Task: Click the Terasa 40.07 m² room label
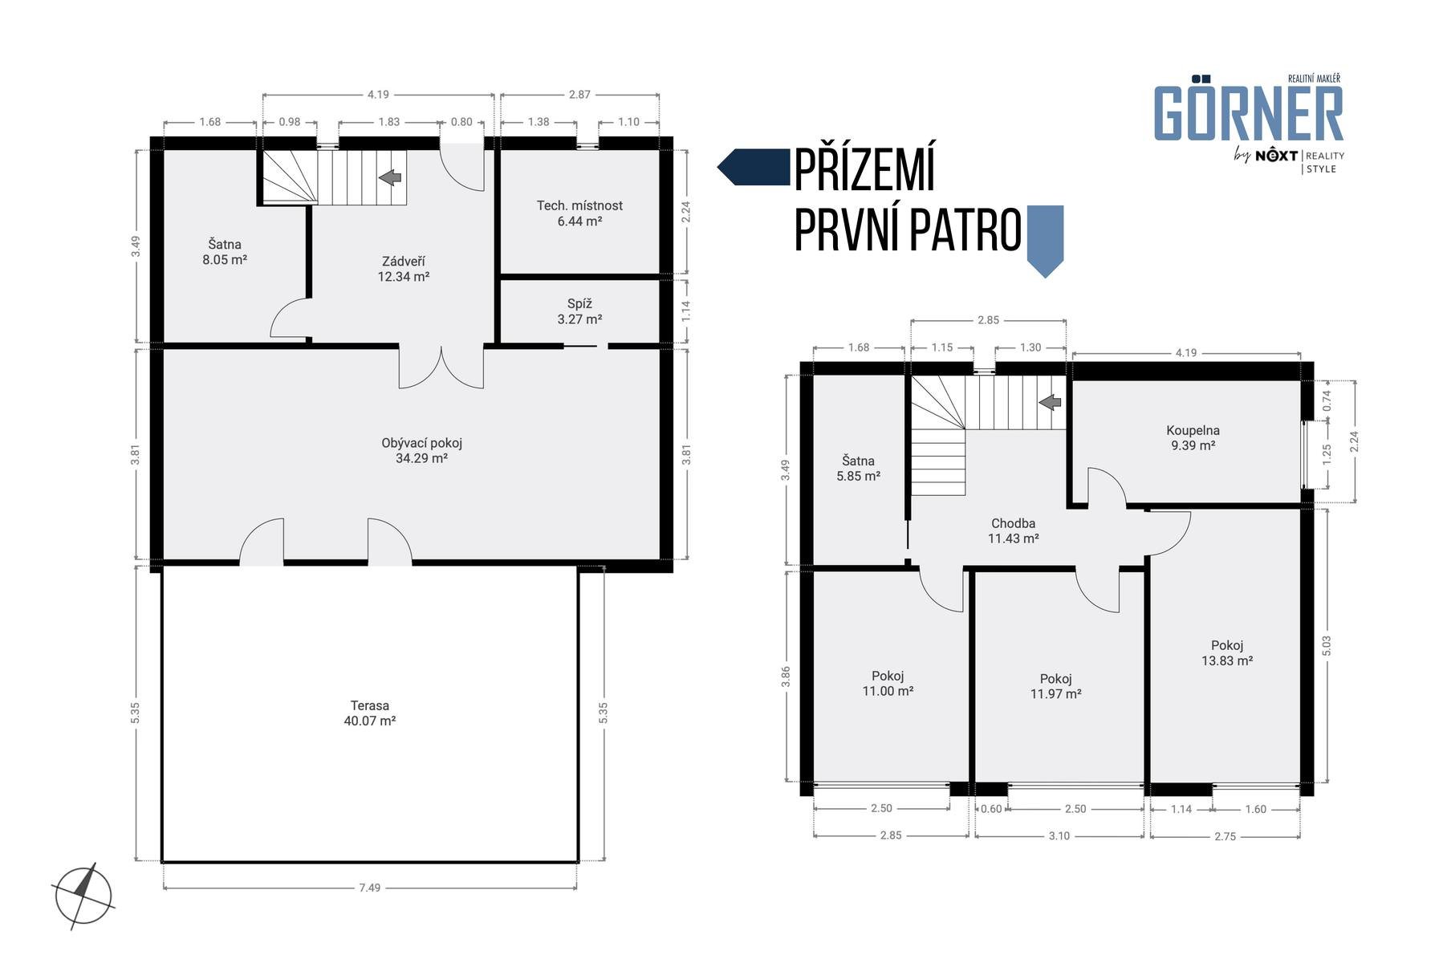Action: pyautogui.click(x=369, y=713)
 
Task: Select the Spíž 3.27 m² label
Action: pyautogui.click(x=579, y=311)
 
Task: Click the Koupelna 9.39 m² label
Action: pyautogui.click(x=1193, y=437)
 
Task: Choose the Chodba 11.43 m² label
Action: pyautogui.click(x=1013, y=531)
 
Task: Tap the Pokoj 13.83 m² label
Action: pyautogui.click(x=1227, y=653)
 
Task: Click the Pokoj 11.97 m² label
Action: pyautogui.click(x=1055, y=686)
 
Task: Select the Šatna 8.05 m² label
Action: pyautogui.click(x=225, y=252)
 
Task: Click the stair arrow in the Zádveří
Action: pyautogui.click(x=390, y=177)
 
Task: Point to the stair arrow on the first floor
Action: pyautogui.click(x=1050, y=402)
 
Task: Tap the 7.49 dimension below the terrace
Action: pyautogui.click(x=369, y=888)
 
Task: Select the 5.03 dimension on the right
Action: pyautogui.click(x=1326, y=646)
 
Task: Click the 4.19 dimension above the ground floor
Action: pyautogui.click(x=378, y=94)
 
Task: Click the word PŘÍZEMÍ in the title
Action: pyautogui.click(x=864, y=170)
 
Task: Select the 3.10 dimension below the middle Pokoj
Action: pyautogui.click(x=1059, y=835)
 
